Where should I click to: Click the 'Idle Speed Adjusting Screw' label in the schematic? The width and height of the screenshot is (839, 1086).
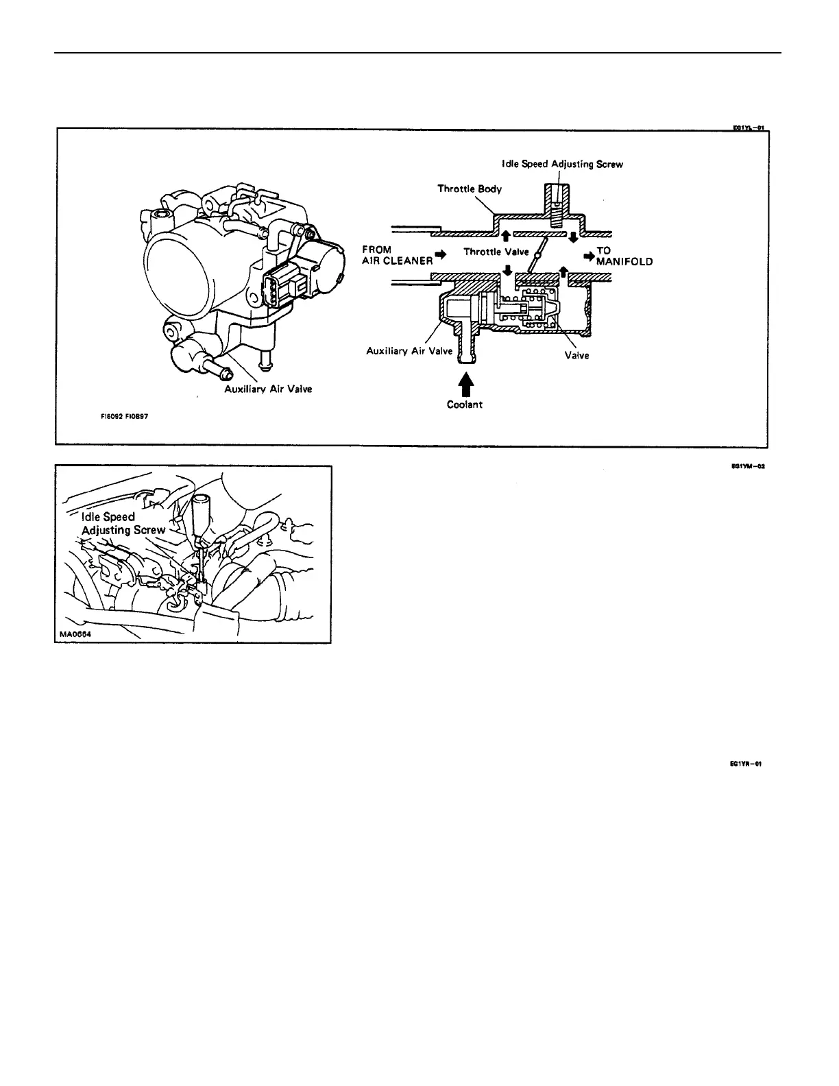561,165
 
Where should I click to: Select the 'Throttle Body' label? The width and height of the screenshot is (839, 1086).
470,189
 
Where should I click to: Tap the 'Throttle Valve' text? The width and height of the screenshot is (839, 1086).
496,252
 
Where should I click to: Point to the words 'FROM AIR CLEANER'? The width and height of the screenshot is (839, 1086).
398,255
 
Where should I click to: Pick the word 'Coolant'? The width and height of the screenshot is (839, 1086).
465,405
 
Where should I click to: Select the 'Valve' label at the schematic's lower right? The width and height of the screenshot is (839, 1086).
577,356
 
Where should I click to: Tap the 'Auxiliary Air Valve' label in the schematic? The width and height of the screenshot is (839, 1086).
409,351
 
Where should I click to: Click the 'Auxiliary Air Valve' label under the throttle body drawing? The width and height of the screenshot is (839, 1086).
268,389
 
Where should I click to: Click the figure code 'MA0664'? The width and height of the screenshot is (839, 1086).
74,635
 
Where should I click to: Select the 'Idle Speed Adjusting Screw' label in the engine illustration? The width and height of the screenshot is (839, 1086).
122,523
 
